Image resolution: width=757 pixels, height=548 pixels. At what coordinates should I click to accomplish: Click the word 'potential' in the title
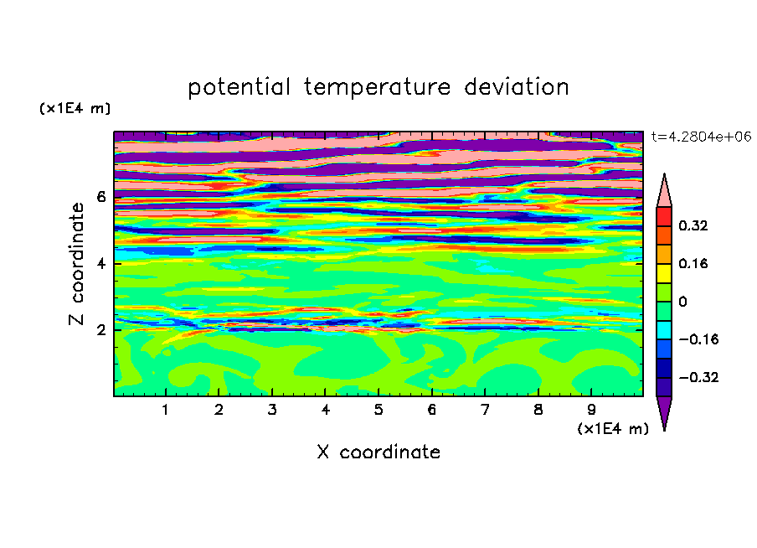pyautogui.click(x=239, y=87)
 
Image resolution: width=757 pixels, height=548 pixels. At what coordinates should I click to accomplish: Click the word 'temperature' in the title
pyautogui.click(x=377, y=87)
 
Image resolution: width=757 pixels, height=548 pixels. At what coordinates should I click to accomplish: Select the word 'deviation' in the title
pyautogui.click(x=517, y=86)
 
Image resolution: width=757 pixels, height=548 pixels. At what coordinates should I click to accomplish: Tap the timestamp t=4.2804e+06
pyautogui.click(x=701, y=137)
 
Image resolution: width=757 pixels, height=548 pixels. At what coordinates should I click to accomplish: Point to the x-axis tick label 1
pyautogui.click(x=165, y=410)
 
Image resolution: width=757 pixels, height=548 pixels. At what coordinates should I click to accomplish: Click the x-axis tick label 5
pyautogui.click(x=378, y=410)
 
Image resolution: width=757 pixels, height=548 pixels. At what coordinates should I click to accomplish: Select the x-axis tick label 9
pyautogui.click(x=591, y=410)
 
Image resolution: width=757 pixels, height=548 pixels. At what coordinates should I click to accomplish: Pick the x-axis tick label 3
pyautogui.click(x=272, y=410)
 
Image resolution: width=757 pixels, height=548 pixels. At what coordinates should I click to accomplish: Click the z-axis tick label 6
pyautogui.click(x=100, y=197)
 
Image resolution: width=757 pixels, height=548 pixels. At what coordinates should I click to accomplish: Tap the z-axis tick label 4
pyautogui.click(x=100, y=264)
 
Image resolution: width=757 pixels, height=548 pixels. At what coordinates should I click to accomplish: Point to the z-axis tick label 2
pyautogui.click(x=100, y=330)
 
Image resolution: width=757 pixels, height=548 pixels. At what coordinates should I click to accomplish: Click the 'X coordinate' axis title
pyautogui.click(x=378, y=452)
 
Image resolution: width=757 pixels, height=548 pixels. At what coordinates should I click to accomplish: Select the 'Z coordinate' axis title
pyautogui.click(x=76, y=264)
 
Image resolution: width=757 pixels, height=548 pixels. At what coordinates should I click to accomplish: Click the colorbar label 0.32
pyautogui.click(x=693, y=225)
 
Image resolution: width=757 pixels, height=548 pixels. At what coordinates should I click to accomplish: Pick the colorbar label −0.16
pyautogui.click(x=698, y=339)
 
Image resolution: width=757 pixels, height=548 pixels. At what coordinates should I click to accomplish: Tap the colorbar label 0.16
pyautogui.click(x=693, y=263)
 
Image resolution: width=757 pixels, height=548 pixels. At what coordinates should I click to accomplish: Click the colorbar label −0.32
pyautogui.click(x=698, y=377)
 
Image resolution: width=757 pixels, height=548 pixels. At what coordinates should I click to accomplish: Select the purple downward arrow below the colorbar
pyautogui.click(x=664, y=411)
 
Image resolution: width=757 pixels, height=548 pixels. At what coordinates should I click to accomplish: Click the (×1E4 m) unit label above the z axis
pyautogui.click(x=75, y=108)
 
